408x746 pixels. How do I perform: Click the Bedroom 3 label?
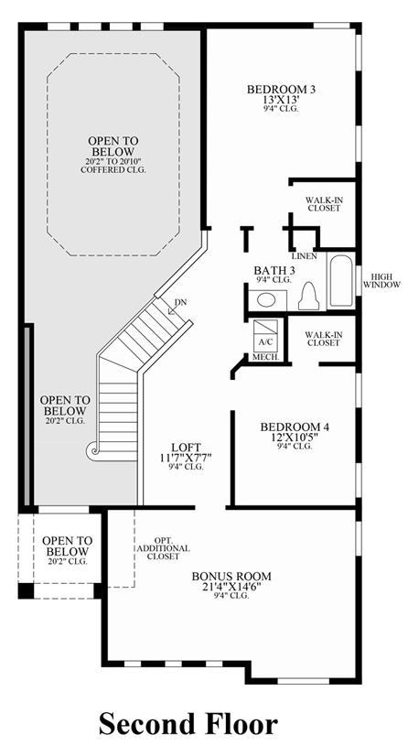(x=281, y=89)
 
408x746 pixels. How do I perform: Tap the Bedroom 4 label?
(x=294, y=427)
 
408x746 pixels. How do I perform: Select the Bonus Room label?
(x=232, y=576)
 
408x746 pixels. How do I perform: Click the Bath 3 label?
(x=273, y=271)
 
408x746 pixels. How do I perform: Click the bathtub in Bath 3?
(x=340, y=280)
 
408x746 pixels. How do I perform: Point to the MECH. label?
(x=265, y=356)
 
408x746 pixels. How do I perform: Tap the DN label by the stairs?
(x=181, y=303)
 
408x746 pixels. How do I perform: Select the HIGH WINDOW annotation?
(x=381, y=280)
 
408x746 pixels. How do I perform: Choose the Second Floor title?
(x=188, y=724)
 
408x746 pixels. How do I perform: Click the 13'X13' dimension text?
(x=281, y=100)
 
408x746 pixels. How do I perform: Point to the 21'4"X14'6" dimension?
(x=232, y=586)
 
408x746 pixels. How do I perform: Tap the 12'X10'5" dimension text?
(x=294, y=438)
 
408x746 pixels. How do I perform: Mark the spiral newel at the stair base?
(x=91, y=451)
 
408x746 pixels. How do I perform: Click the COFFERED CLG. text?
(x=113, y=169)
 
